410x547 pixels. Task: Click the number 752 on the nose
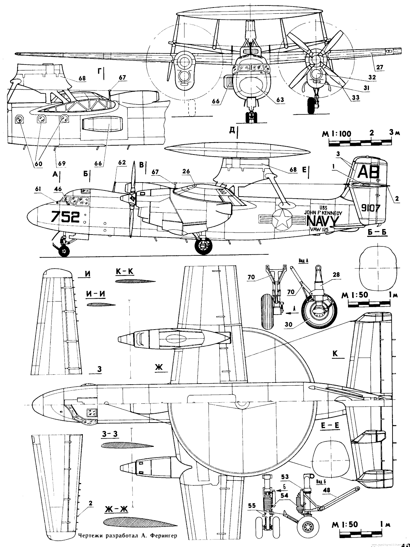tap(65, 217)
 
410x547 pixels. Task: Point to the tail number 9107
tap(370, 208)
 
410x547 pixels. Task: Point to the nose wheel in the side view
tap(64, 251)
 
